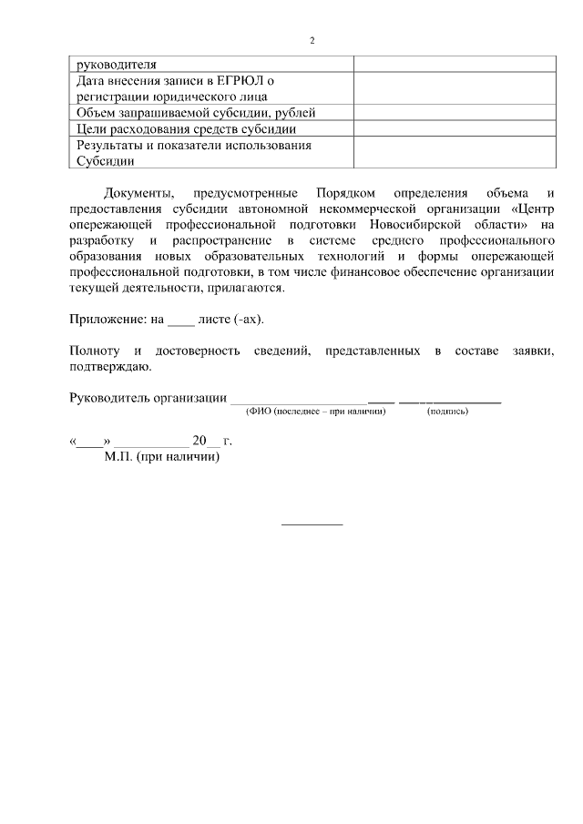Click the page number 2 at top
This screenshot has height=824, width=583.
pos(312,41)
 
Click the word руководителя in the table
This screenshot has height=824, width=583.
pos(118,65)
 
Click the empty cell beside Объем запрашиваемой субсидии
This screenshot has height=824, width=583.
pos(454,113)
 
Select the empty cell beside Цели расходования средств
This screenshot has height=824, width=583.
pos(454,129)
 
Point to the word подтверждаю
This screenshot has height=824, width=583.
pos(110,367)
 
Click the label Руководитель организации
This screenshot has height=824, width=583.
pos(148,398)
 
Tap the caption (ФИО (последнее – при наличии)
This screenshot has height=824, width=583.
pos(316,412)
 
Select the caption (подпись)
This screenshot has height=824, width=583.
pos(448,412)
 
